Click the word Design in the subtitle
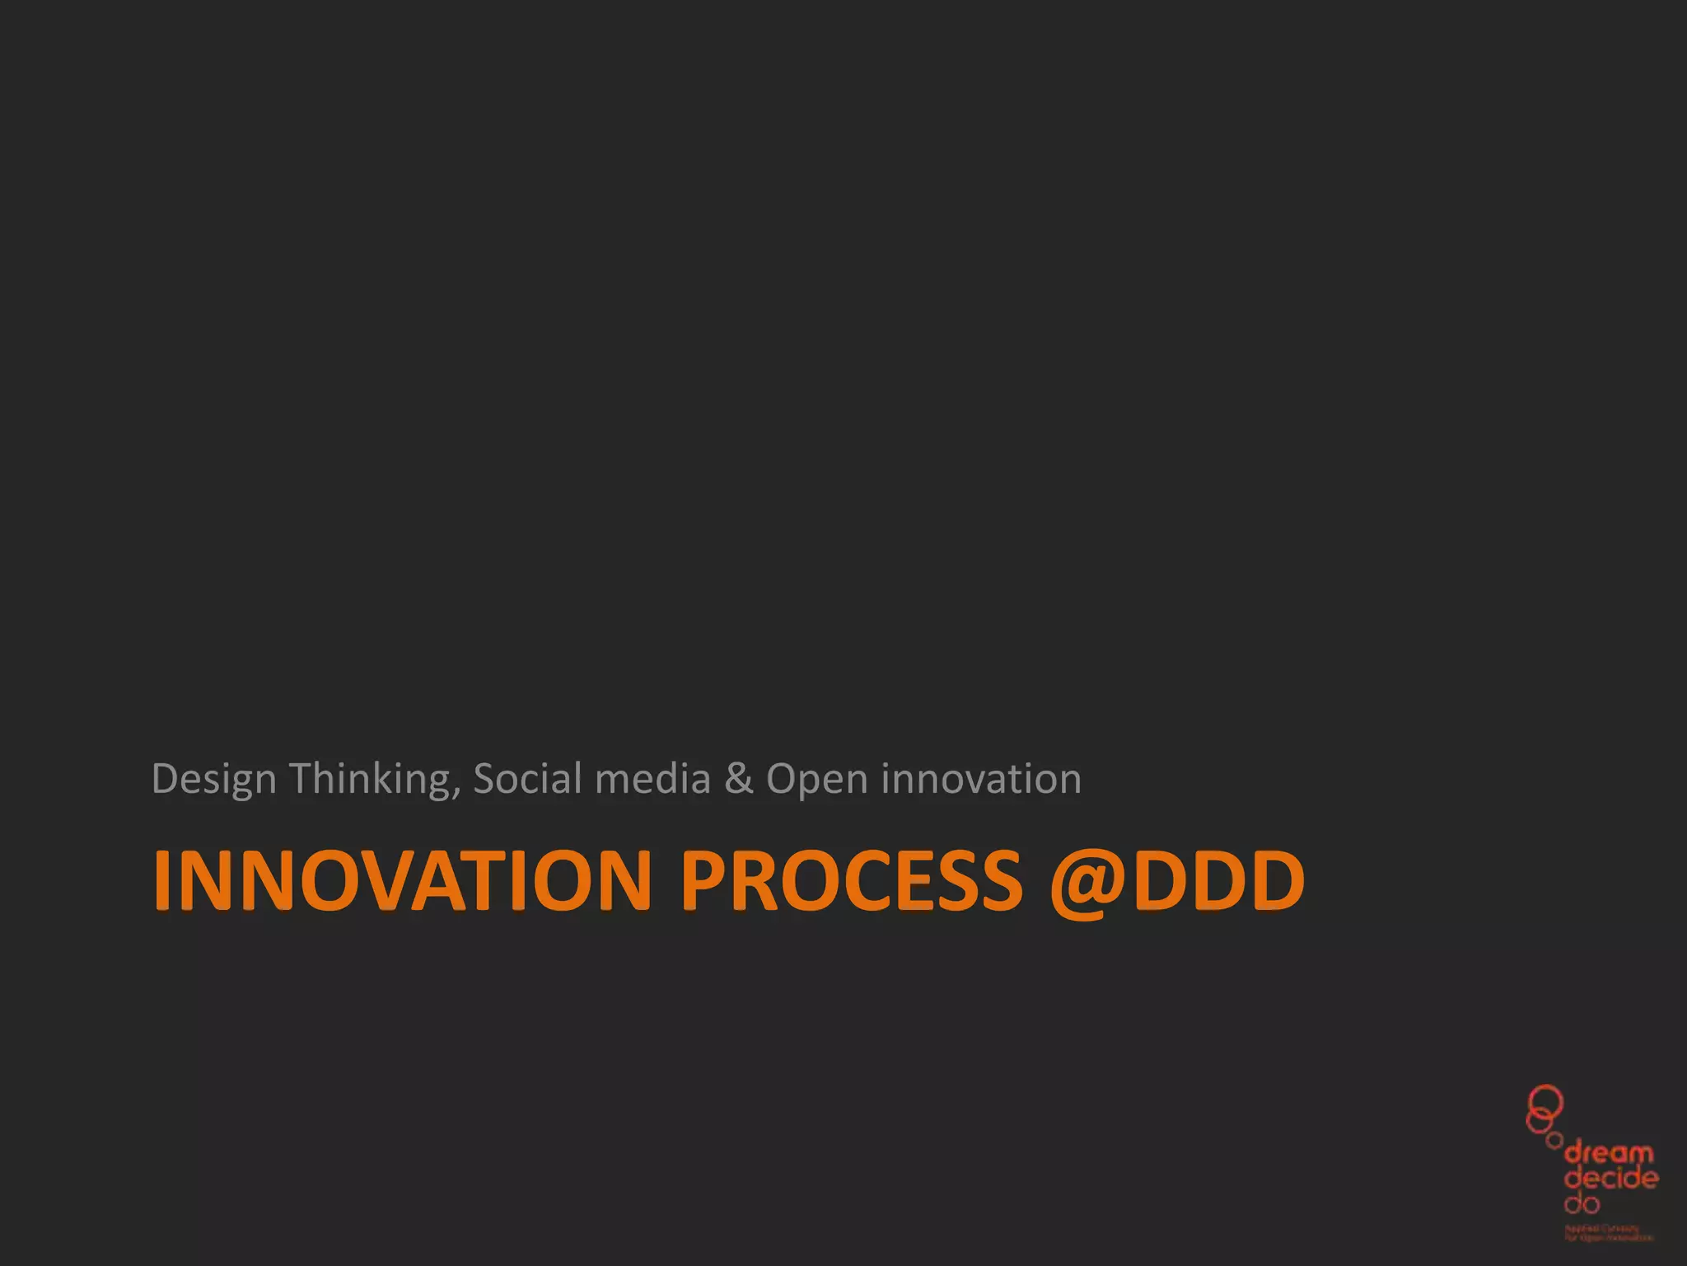tap(213, 780)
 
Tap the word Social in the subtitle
tap(528, 778)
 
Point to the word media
tap(652, 778)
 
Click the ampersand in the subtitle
tap(739, 778)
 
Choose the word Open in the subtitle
tap(817, 780)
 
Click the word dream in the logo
tap(1608, 1153)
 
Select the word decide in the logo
tap(1611, 1178)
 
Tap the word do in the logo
tap(1582, 1203)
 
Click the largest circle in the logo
tap(1546, 1100)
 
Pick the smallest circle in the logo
tap(1554, 1141)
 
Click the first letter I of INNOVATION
tap(162, 880)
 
